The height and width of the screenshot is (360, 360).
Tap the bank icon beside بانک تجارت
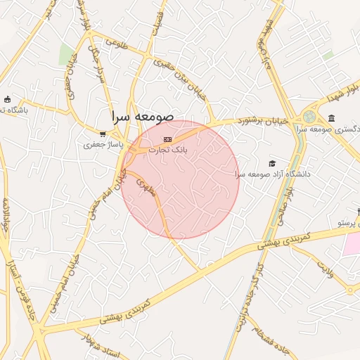coord(167,139)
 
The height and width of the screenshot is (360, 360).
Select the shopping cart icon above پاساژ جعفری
coord(103,134)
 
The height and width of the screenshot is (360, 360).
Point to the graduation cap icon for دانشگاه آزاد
coord(272,163)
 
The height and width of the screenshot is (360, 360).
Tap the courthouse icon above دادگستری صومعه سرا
coord(331,117)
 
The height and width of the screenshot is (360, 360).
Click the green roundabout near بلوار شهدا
coord(309,117)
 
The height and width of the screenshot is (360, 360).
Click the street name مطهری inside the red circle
coord(143,187)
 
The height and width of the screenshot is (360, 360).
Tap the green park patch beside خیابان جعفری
coord(67,55)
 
